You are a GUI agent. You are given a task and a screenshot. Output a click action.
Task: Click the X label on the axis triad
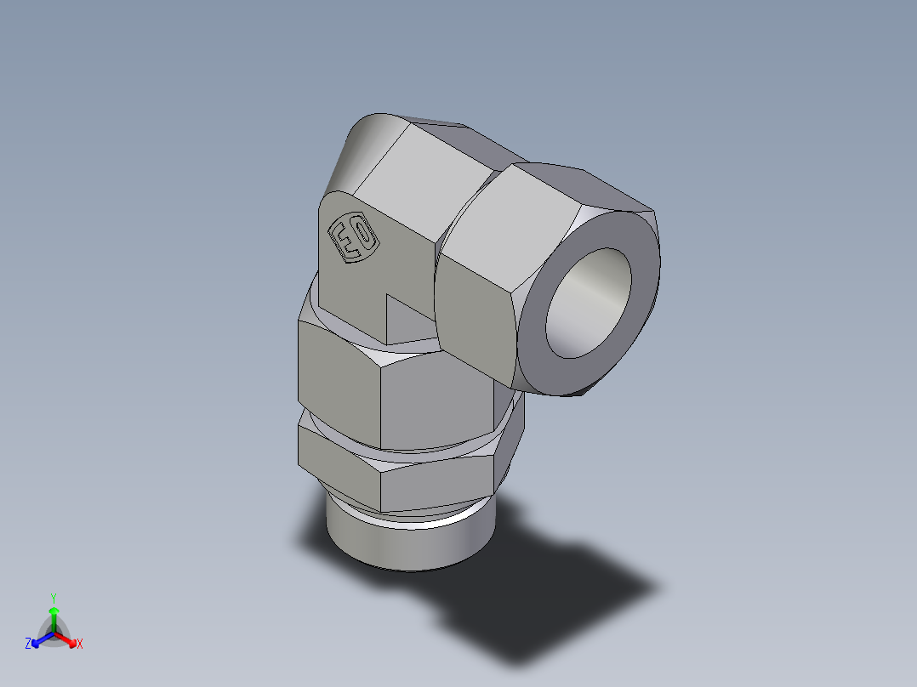point(80,644)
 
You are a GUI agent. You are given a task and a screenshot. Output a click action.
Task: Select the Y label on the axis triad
point(53,597)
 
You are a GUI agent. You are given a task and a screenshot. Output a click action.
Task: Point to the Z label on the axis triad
point(28,644)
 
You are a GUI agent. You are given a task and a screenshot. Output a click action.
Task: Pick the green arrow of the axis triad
point(54,616)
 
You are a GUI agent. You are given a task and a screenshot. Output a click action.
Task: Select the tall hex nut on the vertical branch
point(425,400)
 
